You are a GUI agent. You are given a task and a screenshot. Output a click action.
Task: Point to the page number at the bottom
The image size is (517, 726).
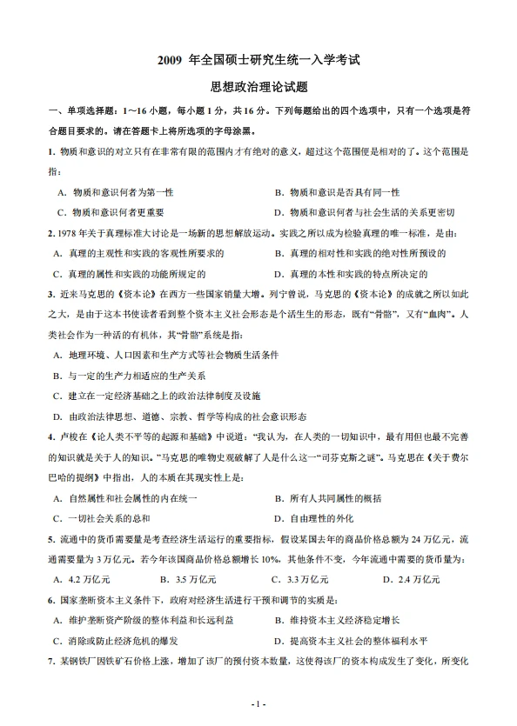(x=258, y=703)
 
